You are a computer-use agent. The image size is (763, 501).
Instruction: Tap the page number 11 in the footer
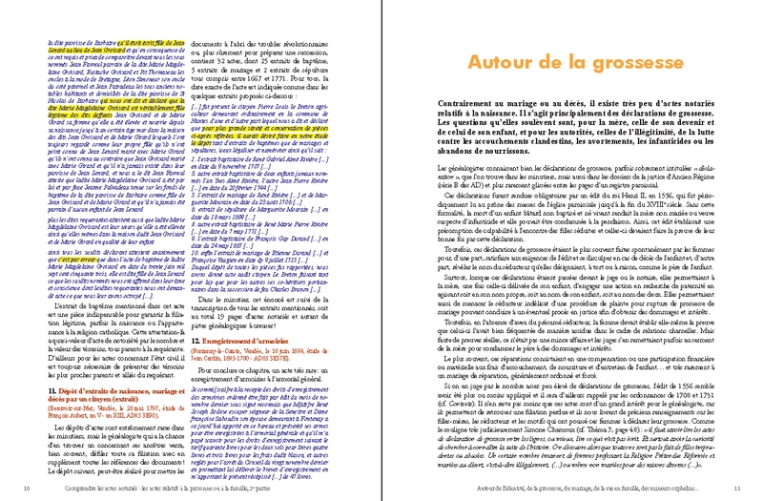click(737, 490)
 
